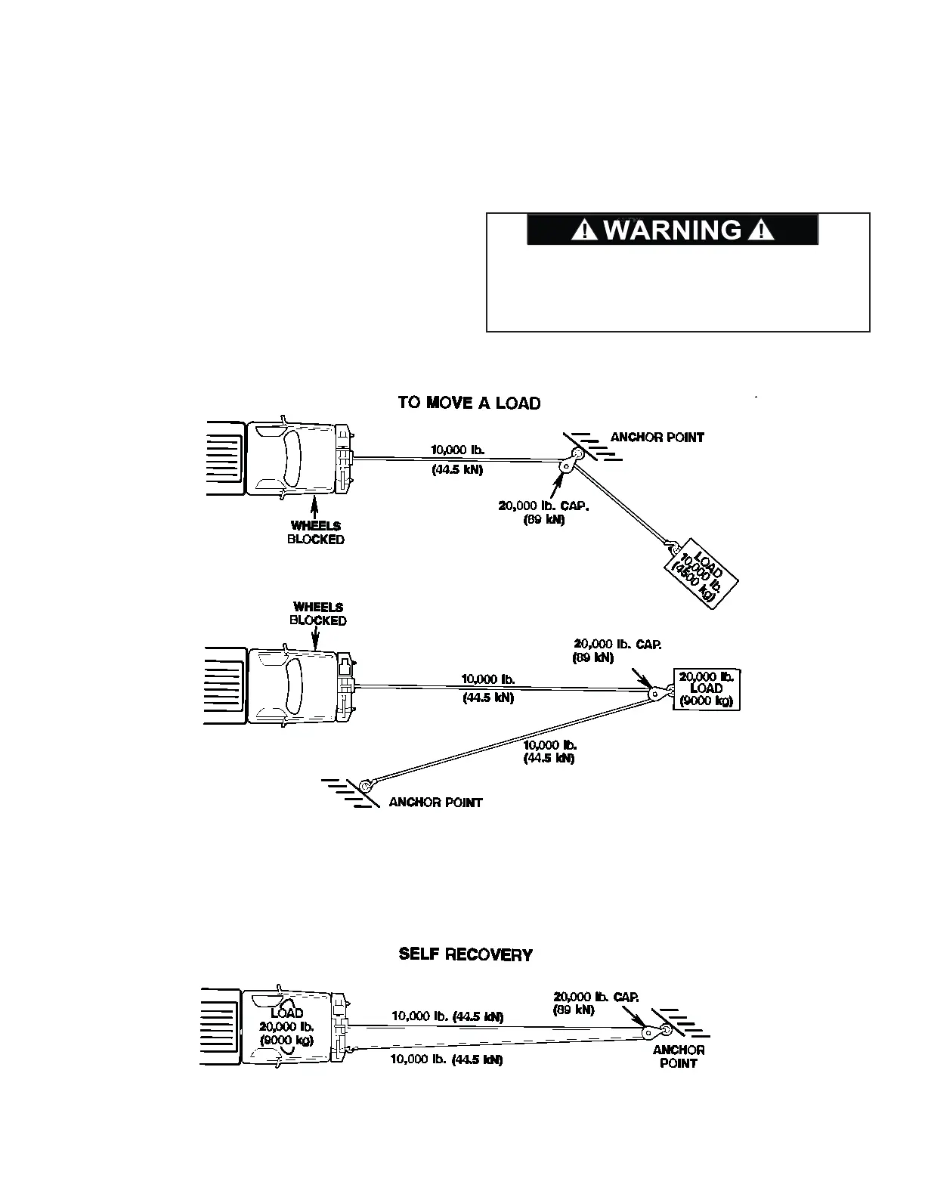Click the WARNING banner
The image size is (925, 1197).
click(672, 230)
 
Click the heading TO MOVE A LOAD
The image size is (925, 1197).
click(469, 403)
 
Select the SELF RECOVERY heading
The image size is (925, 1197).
click(466, 954)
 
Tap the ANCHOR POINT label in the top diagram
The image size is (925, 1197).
click(657, 438)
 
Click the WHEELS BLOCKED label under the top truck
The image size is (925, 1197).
click(316, 533)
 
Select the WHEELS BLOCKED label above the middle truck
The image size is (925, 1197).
click(318, 614)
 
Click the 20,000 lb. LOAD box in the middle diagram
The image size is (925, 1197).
click(706, 688)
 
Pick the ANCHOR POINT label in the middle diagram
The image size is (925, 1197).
click(435, 803)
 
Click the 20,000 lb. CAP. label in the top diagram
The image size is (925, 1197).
click(543, 512)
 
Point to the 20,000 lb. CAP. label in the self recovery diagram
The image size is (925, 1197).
click(596, 1003)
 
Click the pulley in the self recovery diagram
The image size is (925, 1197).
click(651, 1032)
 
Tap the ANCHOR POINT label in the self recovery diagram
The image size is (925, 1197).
click(679, 1056)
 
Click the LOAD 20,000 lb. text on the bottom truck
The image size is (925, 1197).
click(286, 1026)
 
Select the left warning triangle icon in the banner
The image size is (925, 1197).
click(586, 230)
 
